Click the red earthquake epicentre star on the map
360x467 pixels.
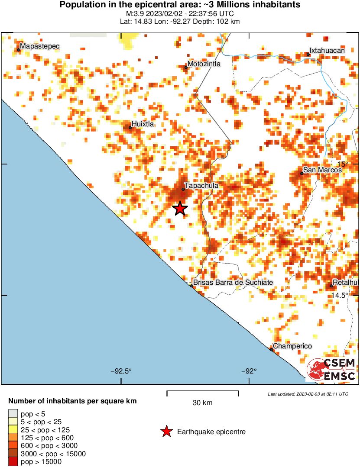(180, 209)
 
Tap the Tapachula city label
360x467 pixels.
(201, 186)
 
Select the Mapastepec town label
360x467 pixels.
(40, 46)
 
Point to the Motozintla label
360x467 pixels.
(204, 64)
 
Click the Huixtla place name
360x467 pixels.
(143, 124)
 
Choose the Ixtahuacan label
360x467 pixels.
(327, 51)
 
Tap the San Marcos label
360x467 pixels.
(322, 170)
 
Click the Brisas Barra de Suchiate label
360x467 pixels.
(233, 283)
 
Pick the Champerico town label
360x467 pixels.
(292, 346)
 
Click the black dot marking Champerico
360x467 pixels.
(272, 349)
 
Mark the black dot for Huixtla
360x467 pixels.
(130, 127)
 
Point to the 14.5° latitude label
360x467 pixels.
(340, 295)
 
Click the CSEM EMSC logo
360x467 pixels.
(331, 370)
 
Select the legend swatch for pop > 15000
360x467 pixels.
(13, 461)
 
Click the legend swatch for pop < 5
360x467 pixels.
(13, 414)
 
